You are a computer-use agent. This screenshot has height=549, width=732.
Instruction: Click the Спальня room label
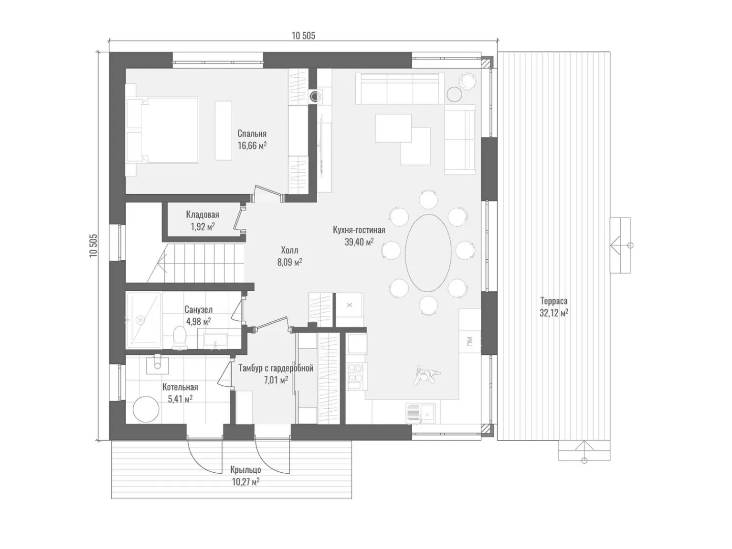tap(252, 134)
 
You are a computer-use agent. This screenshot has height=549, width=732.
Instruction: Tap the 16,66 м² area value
tap(252, 146)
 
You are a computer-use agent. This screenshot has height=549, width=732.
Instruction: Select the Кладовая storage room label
tap(202, 215)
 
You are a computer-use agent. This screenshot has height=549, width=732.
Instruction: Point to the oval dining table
tap(428, 253)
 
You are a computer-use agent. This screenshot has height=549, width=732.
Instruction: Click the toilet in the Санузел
tap(179, 337)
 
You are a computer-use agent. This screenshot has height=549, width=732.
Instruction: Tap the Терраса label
tap(554, 301)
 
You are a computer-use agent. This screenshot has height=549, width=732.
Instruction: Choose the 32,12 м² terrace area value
tap(554, 313)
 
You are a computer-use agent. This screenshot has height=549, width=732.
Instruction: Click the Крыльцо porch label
tap(245, 470)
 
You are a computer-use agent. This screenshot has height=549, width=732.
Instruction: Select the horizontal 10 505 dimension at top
tap(303, 36)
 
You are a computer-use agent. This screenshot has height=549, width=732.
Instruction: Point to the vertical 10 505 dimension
tap(93, 245)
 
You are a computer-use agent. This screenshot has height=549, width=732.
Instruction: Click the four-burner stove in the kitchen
tap(355, 376)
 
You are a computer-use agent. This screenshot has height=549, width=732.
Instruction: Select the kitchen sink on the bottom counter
tap(420, 413)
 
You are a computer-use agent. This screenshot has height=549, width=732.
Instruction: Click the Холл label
tap(289, 250)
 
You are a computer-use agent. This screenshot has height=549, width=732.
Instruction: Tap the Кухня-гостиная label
tap(359, 230)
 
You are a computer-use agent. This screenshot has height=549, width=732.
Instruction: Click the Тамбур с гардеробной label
tap(276, 368)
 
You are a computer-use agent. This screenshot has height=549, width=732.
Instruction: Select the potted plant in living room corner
tap(468, 82)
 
